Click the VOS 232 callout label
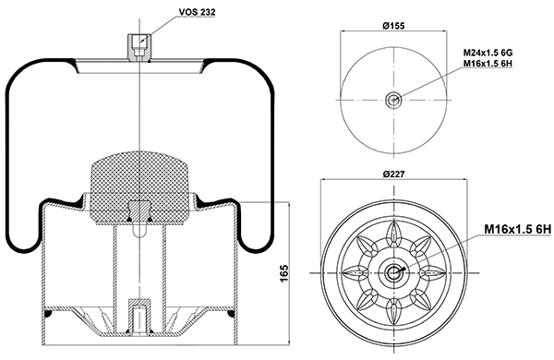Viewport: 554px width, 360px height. (x=197, y=12)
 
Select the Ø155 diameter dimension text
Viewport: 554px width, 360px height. (x=393, y=26)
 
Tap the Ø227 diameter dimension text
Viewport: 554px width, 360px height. (x=393, y=174)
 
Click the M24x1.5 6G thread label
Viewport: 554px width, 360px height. (x=488, y=53)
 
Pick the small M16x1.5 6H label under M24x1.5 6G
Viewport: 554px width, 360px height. (x=488, y=64)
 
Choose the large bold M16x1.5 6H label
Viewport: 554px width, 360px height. (x=517, y=229)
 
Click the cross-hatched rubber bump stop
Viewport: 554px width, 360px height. (x=138, y=188)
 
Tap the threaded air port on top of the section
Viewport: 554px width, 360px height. (x=139, y=47)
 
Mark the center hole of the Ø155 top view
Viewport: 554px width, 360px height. (x=393, y=100)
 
